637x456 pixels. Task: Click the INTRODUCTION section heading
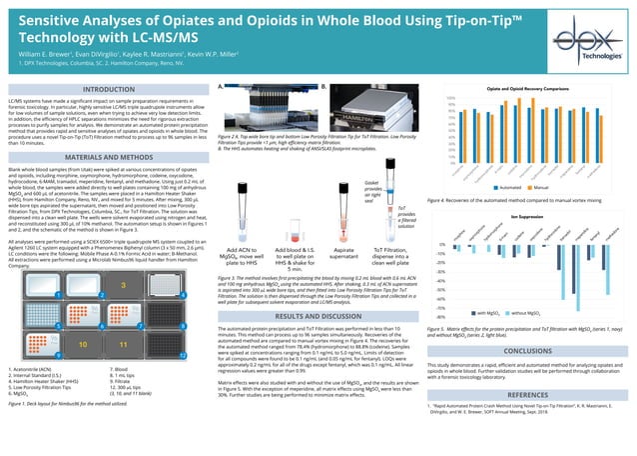click(x=103, y=90)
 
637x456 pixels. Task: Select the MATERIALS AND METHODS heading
click(x=103, y=158)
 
